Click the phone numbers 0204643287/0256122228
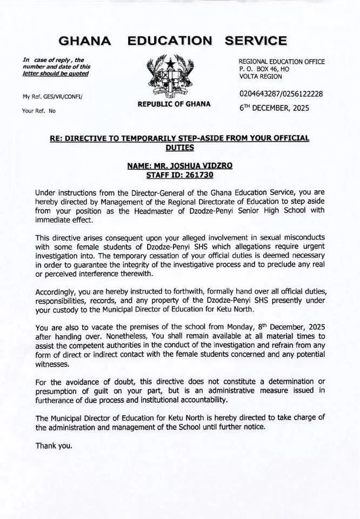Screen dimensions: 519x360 click(281, 94)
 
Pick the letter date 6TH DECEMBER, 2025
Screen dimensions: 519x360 click(274, 108)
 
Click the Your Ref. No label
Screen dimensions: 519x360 click(39, 110)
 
